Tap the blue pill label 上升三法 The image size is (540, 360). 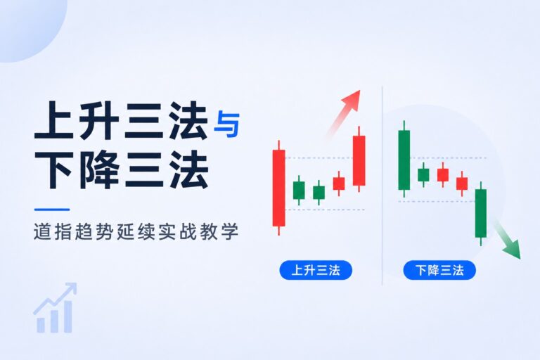316,270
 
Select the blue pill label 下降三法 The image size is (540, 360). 439,270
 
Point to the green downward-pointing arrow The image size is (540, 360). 507,240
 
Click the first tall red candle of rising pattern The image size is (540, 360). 278,188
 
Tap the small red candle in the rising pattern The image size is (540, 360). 339,184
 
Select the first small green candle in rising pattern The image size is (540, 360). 299,191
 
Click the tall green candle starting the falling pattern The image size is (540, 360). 404,160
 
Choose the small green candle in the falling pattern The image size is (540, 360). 423,174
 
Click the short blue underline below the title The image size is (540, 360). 52,209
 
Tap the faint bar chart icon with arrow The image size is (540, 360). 55,308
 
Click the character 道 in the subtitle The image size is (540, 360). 42,231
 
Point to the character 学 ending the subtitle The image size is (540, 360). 230,231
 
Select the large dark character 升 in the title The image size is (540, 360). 99,120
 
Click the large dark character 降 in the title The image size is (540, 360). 99,169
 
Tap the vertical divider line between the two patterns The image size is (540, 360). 382,186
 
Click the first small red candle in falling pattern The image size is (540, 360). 443,174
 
